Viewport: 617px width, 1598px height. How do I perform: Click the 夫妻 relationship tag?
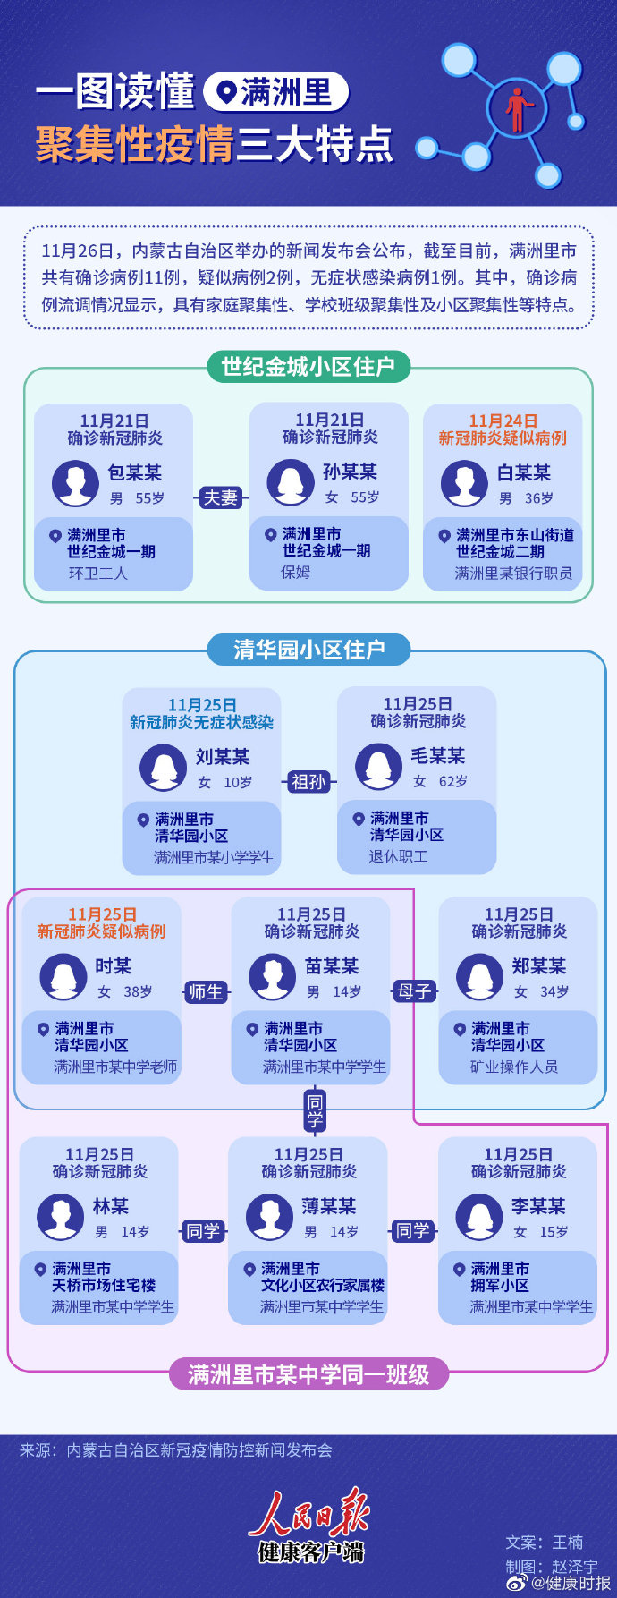[x=220, y=497]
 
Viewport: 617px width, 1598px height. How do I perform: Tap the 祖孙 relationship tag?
[x=308, y=782]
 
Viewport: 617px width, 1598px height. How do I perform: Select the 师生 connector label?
[x=206, y=991]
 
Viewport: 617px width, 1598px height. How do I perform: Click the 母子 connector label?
[x=414, y=991]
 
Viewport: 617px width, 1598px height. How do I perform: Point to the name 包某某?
[x=135, y=472]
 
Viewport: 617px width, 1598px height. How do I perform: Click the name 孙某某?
[x=350, y=472]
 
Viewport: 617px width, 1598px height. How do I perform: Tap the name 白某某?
[x=524, y=472]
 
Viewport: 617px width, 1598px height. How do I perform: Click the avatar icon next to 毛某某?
[x=378, y=767]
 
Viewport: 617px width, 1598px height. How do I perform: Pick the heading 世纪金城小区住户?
[x=308, y=367]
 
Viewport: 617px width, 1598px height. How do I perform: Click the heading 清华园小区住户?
[x=308, y=649]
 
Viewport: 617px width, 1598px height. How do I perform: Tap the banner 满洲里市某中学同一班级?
[x=308, y=1374]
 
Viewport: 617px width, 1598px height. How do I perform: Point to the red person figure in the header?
[x=516, y=109]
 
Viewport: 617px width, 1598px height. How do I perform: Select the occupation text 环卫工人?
[x=98, y=573]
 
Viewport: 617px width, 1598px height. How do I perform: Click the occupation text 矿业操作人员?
[x=514, y=1067]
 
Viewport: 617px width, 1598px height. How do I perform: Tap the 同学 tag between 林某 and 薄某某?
[x=203, y=1231]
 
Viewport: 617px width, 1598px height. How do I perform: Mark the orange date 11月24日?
[x=503, y=421]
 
